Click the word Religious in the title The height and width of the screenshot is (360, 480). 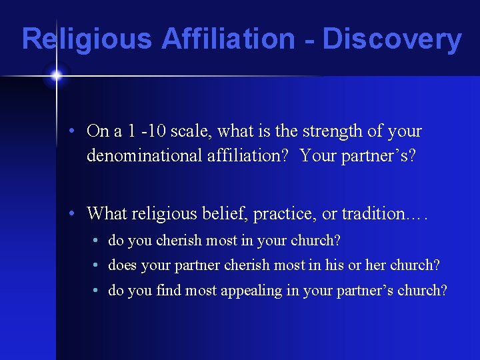(86, 39)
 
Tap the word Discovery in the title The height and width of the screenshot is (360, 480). (392, 39)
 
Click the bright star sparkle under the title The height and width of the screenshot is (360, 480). (56, 75)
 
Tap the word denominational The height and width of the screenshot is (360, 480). (144, 155)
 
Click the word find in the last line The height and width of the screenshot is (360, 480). (169, 291)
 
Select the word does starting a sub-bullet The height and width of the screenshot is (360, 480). (122, 265)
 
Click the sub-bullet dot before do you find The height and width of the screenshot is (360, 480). (96, 291)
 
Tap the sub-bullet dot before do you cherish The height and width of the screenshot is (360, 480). (96, 240)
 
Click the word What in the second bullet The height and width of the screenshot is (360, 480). (107, 214)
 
